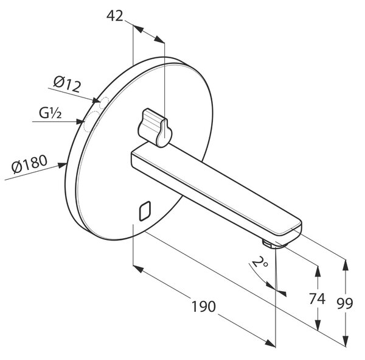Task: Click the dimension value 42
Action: [114, 16]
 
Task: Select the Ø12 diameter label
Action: [68, 85]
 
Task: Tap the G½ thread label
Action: [50, 113]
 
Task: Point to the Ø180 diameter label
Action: [30, 164]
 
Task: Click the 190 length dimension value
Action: [203, 306]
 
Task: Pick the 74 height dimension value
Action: [317, 298]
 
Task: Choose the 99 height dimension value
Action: [345, 303]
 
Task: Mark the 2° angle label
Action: [260, 262]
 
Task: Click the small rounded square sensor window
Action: [145, 211]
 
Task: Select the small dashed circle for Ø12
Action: [104, 102]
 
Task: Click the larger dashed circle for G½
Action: [92, 122]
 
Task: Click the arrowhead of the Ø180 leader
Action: [63, 165]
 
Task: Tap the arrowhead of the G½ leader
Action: [80, 121]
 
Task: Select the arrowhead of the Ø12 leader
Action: [96, 101]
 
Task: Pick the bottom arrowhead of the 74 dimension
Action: [318, 325]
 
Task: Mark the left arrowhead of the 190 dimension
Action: [138, 269]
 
